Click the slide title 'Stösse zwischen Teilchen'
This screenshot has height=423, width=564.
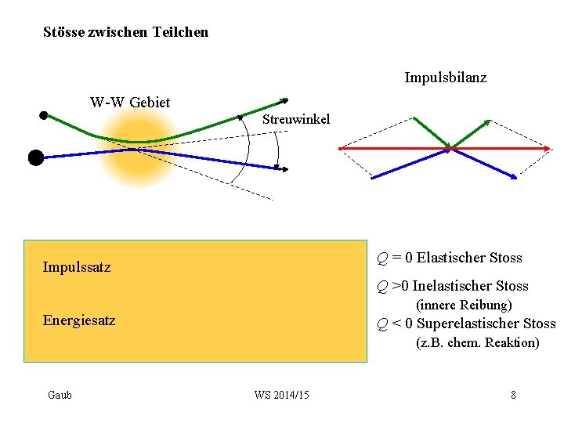125,32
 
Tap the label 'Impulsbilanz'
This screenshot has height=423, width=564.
445,78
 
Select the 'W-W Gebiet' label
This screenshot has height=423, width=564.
130,102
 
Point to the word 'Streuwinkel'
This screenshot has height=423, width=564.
295,119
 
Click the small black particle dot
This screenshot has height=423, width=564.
44,115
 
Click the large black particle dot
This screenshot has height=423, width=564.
35,157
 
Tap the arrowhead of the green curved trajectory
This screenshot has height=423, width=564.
284,100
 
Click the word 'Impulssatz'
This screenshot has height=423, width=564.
77,267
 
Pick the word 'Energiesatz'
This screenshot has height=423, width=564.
79,320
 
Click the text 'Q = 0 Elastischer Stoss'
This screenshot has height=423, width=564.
449,258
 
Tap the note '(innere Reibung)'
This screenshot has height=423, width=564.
463,305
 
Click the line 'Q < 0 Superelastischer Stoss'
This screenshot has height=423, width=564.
465,324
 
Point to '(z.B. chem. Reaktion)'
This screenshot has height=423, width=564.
477,342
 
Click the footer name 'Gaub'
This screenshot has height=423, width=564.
60,395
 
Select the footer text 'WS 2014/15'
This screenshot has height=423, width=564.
282,395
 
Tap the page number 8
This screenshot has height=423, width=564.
513,395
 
